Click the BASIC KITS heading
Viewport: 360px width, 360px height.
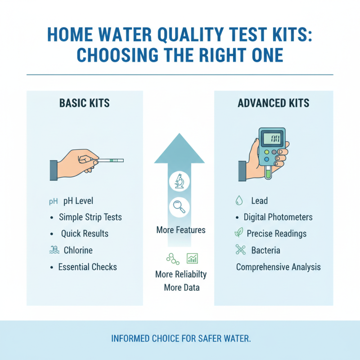click(x=84, y=103)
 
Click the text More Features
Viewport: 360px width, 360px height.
click(x=181, y=230)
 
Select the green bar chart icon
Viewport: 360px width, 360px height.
click(x=192, y=258)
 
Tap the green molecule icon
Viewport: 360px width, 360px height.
click(x=171, y=258)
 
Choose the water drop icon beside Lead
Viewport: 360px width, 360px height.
click(x=239, y=201)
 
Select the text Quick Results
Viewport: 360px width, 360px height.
click(x=85, y=234)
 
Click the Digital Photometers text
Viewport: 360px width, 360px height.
click(x=278, y=217)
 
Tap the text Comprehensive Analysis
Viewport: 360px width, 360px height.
click(x=279, y=267)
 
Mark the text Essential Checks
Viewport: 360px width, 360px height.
click(x=87, y=267)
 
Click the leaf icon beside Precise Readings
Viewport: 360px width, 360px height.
click(x=239, y=233)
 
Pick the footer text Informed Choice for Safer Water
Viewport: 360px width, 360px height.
click(x=180, y=338)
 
